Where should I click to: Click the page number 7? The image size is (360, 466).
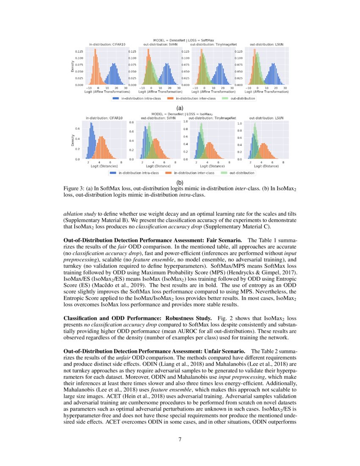[180, 439]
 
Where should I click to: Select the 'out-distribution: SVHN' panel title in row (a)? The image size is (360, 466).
[155, 44]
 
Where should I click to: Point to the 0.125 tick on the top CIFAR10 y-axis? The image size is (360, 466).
[79, 51]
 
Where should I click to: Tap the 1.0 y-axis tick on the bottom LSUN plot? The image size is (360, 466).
[239, 124]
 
